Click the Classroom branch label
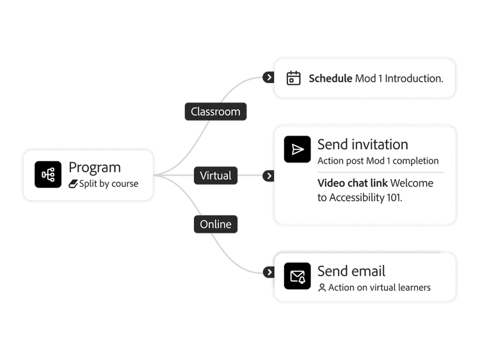pos(216,111)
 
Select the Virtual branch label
pos(216,175)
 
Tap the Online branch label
pos(216,224)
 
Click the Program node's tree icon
pos(48,175)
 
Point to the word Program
pos(95,168)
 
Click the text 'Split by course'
pos(109,184)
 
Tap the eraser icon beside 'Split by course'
pos(74,184)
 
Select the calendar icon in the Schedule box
pos(293,78)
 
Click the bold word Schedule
pos(330,79)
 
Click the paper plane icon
pos(297,149)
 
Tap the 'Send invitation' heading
pos(362,145)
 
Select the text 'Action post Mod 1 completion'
pos(378,160)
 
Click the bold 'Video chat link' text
pos(353,183)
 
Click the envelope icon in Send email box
pos(297,276)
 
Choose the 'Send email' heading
pos(351,271)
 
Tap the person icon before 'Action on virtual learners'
pos(322,288)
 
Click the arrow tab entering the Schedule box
pos(269,77)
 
